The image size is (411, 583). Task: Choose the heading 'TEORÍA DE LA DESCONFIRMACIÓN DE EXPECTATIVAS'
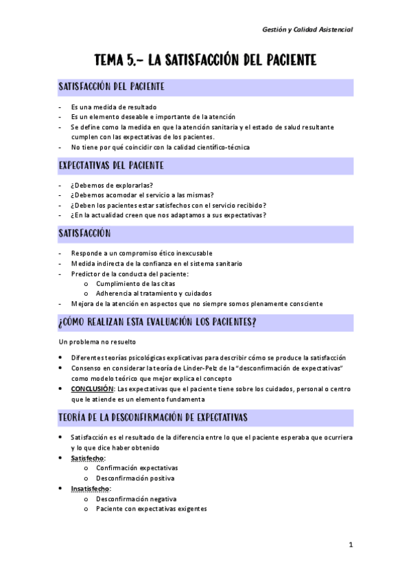(x=153, y=417)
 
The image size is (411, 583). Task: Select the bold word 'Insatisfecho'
(x=90, y=489)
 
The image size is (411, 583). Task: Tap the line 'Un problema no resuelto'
(x=97, y=342)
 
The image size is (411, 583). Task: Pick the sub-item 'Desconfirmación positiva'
(x=135, y=478)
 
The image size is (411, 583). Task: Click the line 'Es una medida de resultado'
(x=113, y=107)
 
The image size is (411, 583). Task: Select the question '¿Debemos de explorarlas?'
(x=111, y=185)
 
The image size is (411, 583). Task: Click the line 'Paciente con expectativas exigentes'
(x=151, y=509)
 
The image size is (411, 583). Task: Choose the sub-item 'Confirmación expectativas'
(x=137, y=467)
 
